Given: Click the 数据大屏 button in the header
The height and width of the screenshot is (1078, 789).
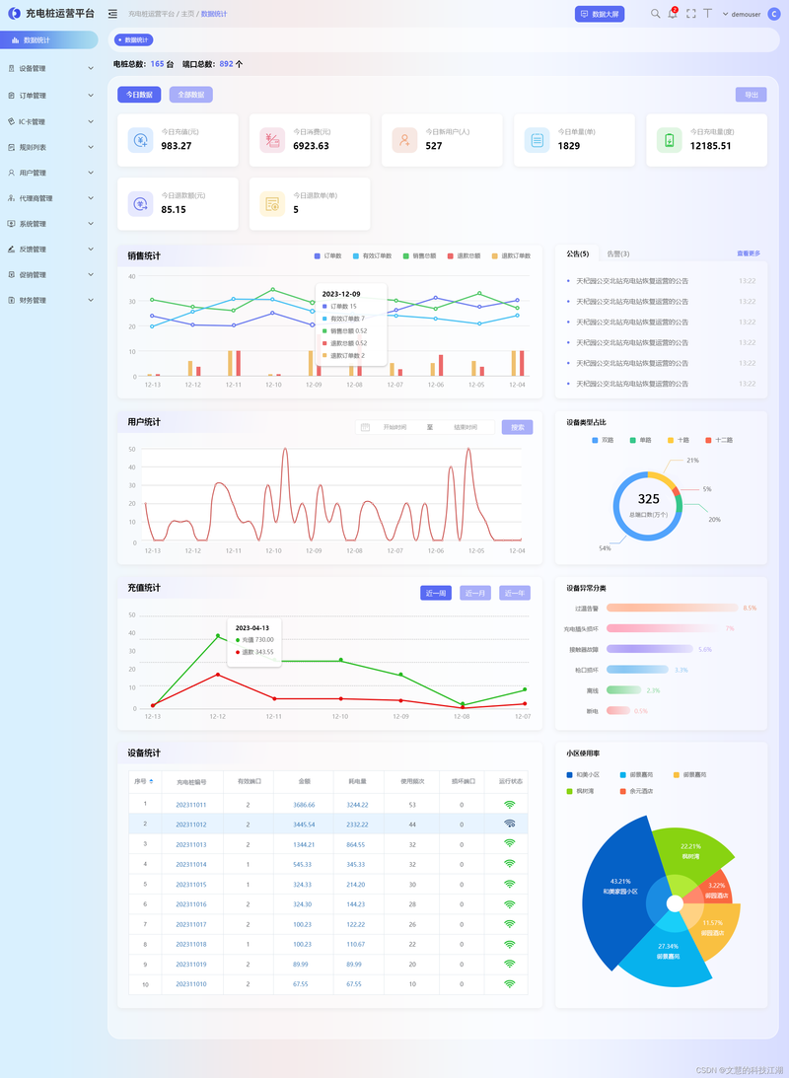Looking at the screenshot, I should pos(600,14).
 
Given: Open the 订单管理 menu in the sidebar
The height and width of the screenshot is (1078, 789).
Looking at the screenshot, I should pos(49,96).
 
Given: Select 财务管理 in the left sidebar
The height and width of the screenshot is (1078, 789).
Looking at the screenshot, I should pos(49,300).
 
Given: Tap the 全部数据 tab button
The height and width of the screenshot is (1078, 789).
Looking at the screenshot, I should pos(190,95).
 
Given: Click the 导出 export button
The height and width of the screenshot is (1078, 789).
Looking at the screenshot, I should pos(751,95).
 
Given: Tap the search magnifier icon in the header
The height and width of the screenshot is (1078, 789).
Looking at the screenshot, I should pos(655,14).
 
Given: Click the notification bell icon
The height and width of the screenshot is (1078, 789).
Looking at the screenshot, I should pos(673,14).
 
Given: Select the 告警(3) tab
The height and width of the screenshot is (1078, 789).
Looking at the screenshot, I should pos(618,253).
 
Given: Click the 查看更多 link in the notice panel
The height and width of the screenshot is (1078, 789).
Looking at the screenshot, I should pos(749,253).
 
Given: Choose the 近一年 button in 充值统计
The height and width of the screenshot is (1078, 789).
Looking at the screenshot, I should pos(515,593).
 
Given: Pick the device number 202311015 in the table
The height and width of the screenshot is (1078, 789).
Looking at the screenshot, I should pos(191,884).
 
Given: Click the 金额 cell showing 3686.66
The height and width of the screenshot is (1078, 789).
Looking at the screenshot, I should pos(304,805).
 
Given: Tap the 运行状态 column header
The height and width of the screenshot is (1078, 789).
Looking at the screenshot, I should pos(510,781).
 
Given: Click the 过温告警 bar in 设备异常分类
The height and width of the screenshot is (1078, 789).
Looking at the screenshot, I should pos(671,608).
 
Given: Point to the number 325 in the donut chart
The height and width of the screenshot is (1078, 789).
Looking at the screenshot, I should pos(648,499).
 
